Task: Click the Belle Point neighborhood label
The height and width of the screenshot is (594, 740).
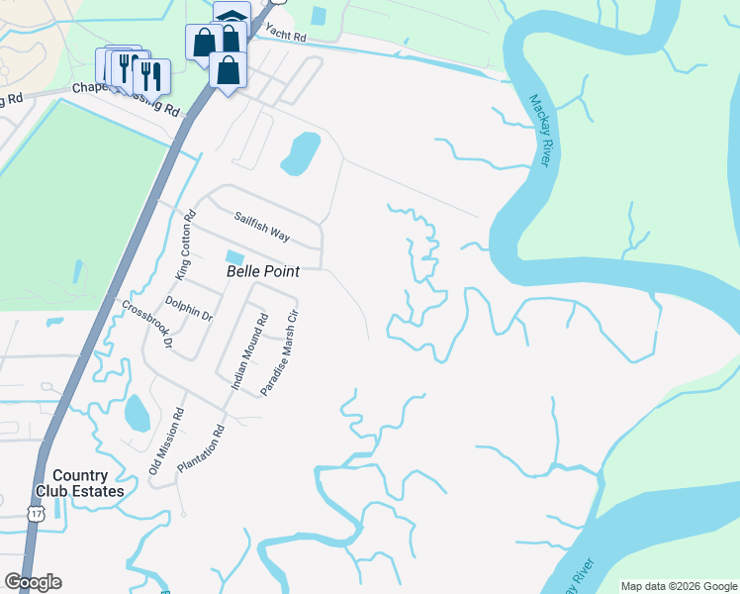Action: (x=263, y=270)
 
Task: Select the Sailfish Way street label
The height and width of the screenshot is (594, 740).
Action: (x=262, y=226)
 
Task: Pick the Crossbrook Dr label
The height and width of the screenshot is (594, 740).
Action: (x=147, y=324)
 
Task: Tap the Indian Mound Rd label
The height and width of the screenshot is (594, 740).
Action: (x=249, y=351)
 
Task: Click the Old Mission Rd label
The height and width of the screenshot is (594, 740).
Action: (x=166, y=442)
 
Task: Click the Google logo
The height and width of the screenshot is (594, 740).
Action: (x=33, y=582)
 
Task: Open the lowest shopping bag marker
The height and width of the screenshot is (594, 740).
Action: (x=229, y=70)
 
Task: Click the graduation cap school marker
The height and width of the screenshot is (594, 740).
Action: (x=231, y=17)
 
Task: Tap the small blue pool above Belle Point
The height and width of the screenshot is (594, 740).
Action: (x=233, y=257)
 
